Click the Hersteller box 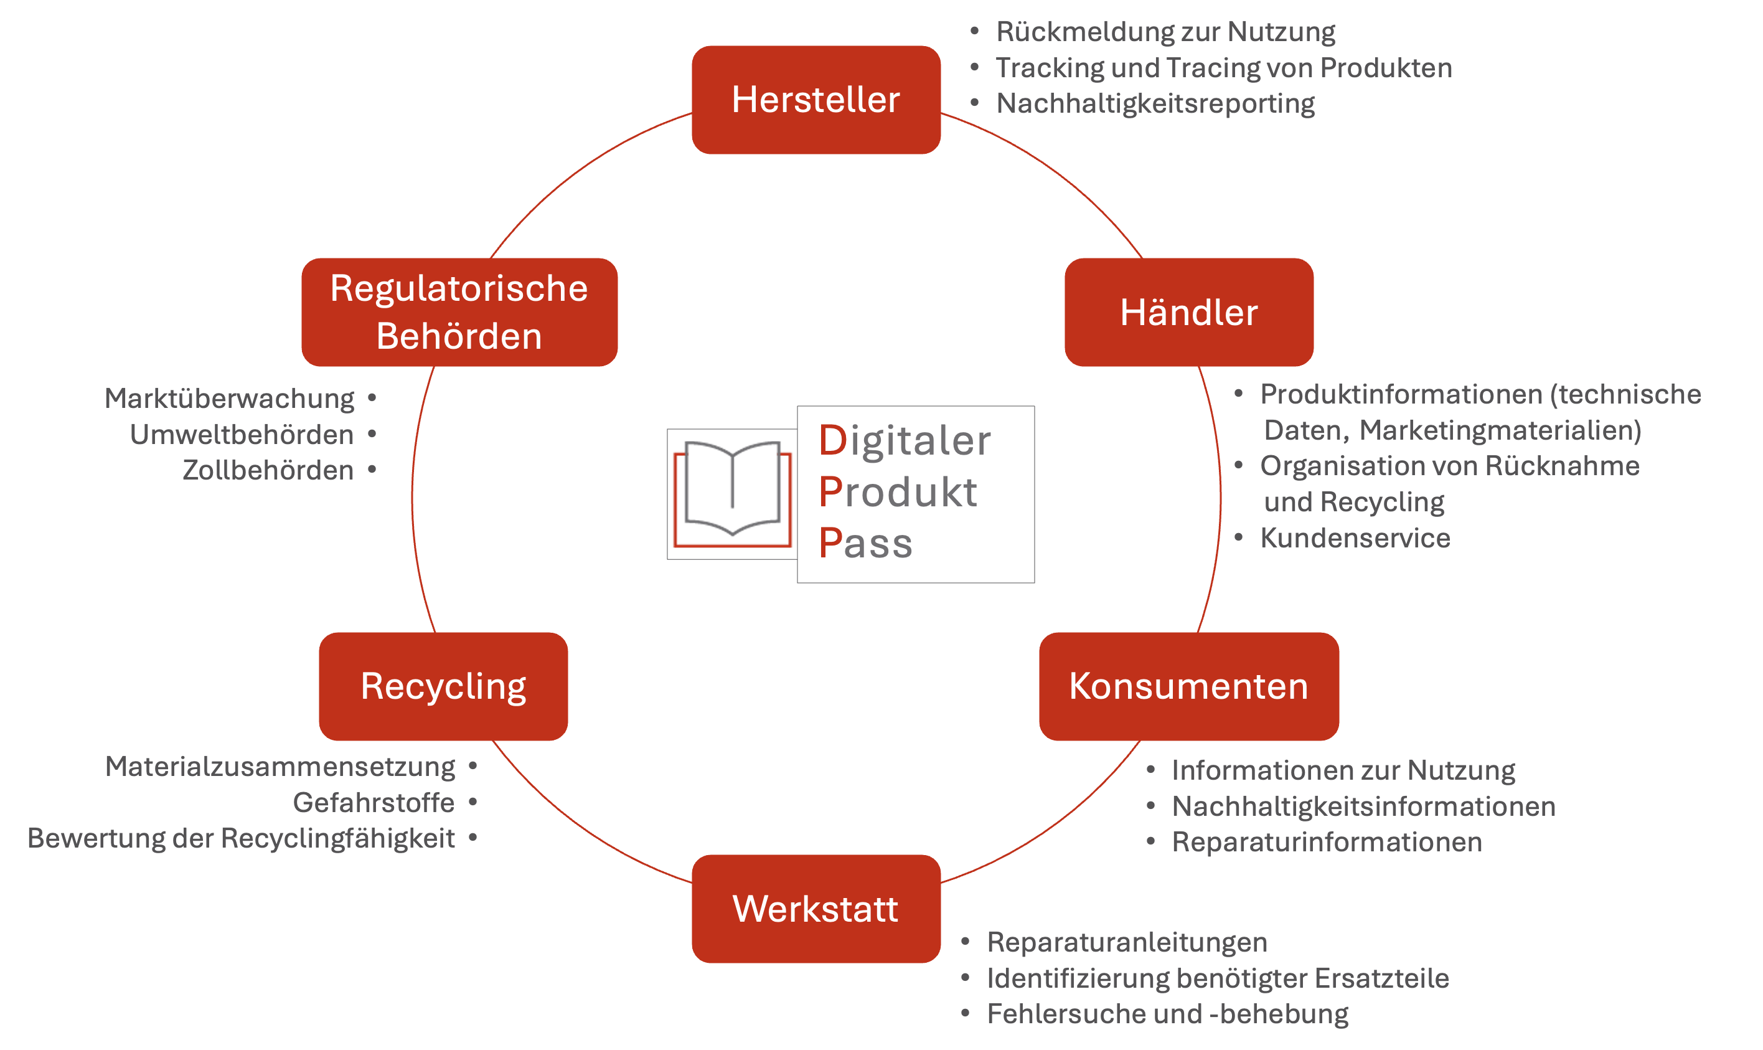pos(816,100)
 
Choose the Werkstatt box pos(816,909)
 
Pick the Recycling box pos(443,686)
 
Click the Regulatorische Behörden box pos(459,312)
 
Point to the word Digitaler pos(905,441)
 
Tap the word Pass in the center pos(865,544)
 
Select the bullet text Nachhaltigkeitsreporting pos(1155,103)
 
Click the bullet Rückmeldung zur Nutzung pos(1165,32)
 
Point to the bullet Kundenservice pos(1354,537)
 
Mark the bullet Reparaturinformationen pos(1326,842)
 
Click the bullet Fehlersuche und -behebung pos(1167,1014)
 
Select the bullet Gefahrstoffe pos(374,802)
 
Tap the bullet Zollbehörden pos(268,470)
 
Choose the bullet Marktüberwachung pos(229,399)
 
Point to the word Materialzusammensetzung pos(280,766)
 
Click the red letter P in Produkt pos(830,492)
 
